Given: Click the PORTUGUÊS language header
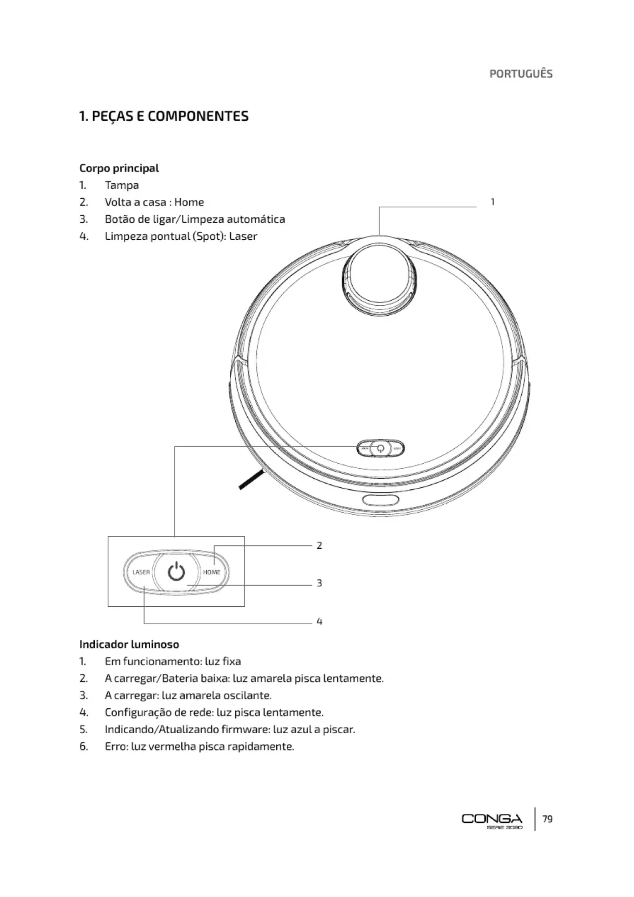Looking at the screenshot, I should coord(521,74).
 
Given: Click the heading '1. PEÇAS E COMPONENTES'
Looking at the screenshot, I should coord(164,116).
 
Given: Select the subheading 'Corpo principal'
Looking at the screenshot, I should coord(119,168).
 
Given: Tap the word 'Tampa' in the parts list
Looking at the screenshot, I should coord(122,185).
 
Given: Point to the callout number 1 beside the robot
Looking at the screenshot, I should coord(492,202).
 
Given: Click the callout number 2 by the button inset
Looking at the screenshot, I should coord(319,545).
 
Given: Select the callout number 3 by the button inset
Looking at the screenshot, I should coord(319,583).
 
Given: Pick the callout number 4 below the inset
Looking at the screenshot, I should coord(319,621).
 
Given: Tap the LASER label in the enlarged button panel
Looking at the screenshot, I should coord(141,572).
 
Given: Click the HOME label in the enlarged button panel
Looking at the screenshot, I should coord(212,572).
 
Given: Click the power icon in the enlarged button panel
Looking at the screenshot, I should coord(176,572).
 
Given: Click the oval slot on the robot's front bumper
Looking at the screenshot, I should coord(381,500).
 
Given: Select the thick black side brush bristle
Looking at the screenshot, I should coord(251,480).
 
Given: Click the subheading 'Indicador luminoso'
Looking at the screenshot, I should coord(129,644).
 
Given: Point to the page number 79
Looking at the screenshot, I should coord(547,819).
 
